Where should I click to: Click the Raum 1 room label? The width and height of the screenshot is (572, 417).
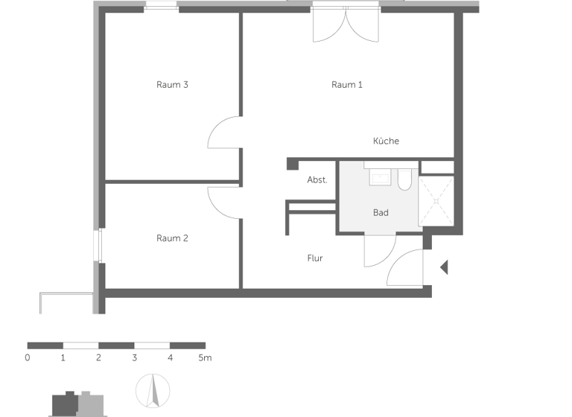pyautogui.click(x=347, y=85)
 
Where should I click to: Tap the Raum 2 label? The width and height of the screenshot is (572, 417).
pyautogui.click(x=172, y=238)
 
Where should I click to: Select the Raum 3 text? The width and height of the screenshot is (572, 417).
pyautogui.click(x=172, y=85)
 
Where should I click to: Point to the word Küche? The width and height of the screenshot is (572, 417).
pyautogui.click(x=386, y=141)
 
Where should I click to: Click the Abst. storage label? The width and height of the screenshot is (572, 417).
pyautogui.click(x=317, y=180)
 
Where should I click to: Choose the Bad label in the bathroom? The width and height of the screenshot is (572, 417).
pyautogui.click(x=381, y=213)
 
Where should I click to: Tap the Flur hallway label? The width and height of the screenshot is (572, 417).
pyautogui.click(x=315, y=258)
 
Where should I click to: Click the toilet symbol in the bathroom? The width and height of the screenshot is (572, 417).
pyautogui.click(x=404, y=179)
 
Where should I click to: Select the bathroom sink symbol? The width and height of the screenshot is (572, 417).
pyautogui.click(x=381, y=177)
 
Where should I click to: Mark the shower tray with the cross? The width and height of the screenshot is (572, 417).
pyautogui.click(x=436, y=200)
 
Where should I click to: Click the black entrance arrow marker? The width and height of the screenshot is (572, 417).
pyautogui.click(x=444, y=267)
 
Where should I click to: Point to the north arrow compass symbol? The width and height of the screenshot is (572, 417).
pyautogui.click(x=153, y=389)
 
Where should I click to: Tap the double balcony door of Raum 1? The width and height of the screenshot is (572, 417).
pyautogui.click(x=346, y=26)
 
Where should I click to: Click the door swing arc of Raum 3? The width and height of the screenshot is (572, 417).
pyautogui.click(x=223, y=133)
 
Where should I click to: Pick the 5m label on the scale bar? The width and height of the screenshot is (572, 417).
pyautogui.click(x=205, y=358)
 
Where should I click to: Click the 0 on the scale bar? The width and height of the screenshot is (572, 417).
pyautogui.click(x=28, y=358)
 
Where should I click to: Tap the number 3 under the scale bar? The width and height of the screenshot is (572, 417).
pyautogui.click(x=134, y=358)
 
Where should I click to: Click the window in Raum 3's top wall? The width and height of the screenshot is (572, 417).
pyautogui.click(x=161, y=7)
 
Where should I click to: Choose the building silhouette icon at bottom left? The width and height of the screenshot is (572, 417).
pyautogui.click(x=77, y=404)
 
